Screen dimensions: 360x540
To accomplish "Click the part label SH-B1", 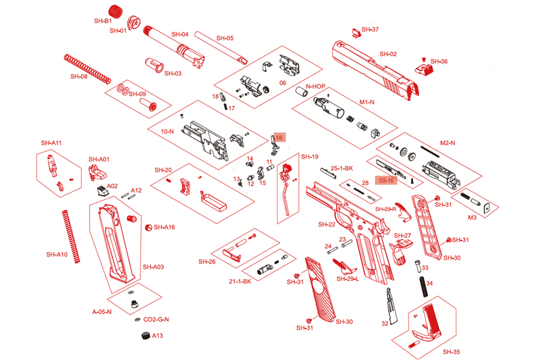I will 103,21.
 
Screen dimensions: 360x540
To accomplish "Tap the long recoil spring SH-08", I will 86,68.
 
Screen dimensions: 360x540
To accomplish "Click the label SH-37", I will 370,30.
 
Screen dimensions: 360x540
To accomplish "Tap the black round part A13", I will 144,336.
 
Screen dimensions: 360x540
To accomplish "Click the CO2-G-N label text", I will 156,319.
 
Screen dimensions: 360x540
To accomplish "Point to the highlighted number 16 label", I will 278,136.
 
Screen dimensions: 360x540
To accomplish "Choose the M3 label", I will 473,217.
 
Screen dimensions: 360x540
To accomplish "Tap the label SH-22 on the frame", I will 327,224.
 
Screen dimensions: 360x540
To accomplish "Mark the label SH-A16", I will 164,228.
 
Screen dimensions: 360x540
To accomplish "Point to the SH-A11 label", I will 51,143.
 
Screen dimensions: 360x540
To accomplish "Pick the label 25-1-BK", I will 342,168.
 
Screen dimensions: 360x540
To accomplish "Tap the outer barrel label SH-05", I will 225,38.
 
